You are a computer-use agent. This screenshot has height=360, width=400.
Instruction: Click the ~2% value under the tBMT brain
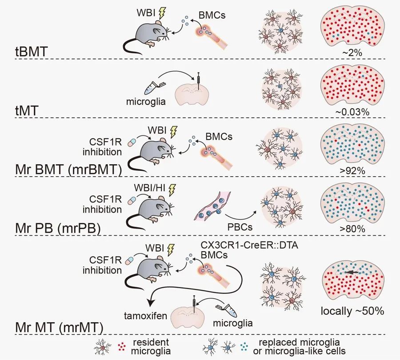click(x=352, y=53)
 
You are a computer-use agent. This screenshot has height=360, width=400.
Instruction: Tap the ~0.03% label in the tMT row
click(x=352, y=112)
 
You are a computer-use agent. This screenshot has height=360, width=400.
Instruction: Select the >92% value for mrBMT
click(x=352, y=171)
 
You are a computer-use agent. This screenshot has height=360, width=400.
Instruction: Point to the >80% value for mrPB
click(x=352, y=229)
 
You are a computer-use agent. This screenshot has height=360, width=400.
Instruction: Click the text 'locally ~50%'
click(x=352, y=311)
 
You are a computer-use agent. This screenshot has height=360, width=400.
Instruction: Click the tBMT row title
click(x=31, y=52)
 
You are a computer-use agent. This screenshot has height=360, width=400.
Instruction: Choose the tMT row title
click(x=27, y=111)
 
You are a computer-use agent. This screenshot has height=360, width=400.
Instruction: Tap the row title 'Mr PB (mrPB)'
click(x=58, y=229)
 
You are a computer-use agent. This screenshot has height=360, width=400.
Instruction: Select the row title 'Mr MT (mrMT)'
click(x=59, y=328)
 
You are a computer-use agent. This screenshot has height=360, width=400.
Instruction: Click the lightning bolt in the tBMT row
click(x=162, y=13)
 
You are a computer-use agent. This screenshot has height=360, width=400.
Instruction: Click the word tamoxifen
click(x=145, y=316)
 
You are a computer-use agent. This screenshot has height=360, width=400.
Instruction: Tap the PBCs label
click(x=240, y=227)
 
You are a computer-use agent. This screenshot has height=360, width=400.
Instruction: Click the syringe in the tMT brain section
click(x=199, y=81)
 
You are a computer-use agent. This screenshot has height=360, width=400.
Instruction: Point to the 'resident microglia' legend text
click(x=151, y=347)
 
